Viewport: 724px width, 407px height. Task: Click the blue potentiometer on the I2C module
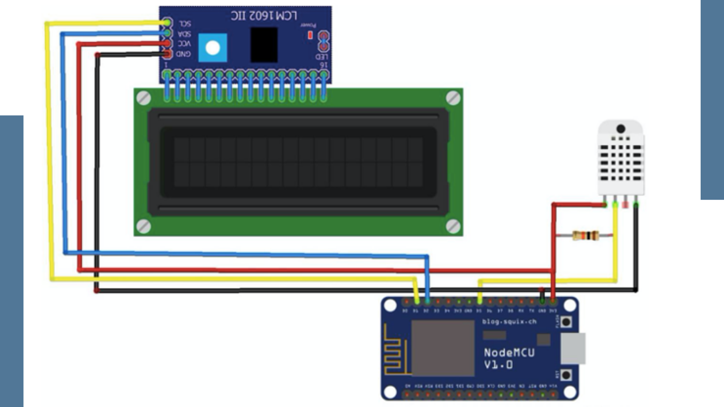pyautogui.click(x=213, y=48)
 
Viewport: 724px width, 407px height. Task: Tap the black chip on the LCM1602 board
pyautogui.click(x=264, y=45)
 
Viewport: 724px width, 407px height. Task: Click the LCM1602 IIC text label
pyautogui.click(x=264, y=16)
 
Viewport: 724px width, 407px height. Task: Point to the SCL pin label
pyautogui.click(x=185, y=24)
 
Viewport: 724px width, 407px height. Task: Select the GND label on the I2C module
pyautogui.click(x=183, y=54)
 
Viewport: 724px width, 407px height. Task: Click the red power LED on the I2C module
pyautogui.click(x=310, y=35)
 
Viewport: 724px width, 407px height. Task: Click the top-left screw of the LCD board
pyautogui.click(x=144, y=98)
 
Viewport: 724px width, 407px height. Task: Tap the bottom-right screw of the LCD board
pyautogui.click(x=453, y=226)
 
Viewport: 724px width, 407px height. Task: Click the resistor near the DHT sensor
pyautogui.click(x=585, y=236)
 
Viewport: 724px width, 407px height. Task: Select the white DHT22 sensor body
pyautogui.click(x=621, y=158)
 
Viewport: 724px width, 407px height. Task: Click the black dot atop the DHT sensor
pyautogui.click(x=621, y=129)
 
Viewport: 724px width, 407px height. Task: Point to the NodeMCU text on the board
pyautogui.click(x=509, y=353)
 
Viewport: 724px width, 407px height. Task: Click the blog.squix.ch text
pyautogui.click(x=509, y=322)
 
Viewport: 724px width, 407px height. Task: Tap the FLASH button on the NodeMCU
pyautogui.click(x=566, y=322)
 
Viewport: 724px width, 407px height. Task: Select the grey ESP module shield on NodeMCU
pyautogui.click(x=443, y=348)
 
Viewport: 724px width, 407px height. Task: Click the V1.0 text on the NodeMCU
pyautogui.click(x=498, y=365)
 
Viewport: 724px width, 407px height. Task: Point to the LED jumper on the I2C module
pyautogui.click(x=324, y=41)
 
